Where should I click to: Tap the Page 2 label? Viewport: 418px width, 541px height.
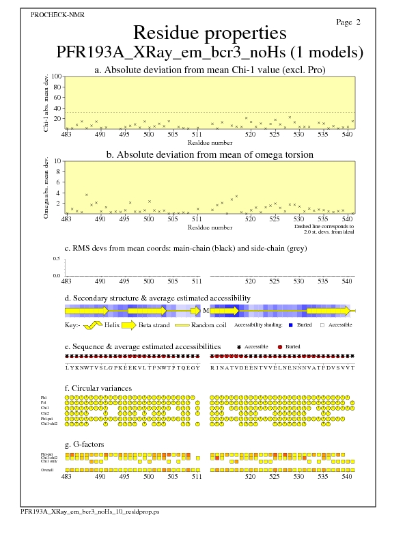pos(348,22)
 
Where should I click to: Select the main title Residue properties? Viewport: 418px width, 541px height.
pos(209,33)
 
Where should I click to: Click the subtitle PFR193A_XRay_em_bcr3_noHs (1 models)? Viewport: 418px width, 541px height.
pos(209,53)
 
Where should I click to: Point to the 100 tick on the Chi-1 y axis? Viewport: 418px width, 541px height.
pos(57,77)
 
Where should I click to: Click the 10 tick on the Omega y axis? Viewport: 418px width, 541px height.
pos(58,161)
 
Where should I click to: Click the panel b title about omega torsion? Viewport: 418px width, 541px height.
pos(209,154)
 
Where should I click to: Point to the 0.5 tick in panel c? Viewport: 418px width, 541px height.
pos(57,259)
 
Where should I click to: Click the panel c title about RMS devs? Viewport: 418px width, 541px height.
pos(185,248)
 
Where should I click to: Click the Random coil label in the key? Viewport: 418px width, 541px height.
pos(210,325)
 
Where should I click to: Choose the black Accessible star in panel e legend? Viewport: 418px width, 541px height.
pos(238,347)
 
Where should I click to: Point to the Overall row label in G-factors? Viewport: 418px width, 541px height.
pos(48,470)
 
